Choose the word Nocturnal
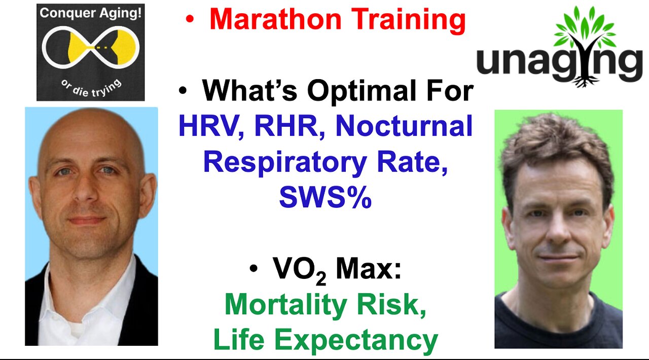(404, 127)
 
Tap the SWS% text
(325, 198)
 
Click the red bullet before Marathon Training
(190, 20)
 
